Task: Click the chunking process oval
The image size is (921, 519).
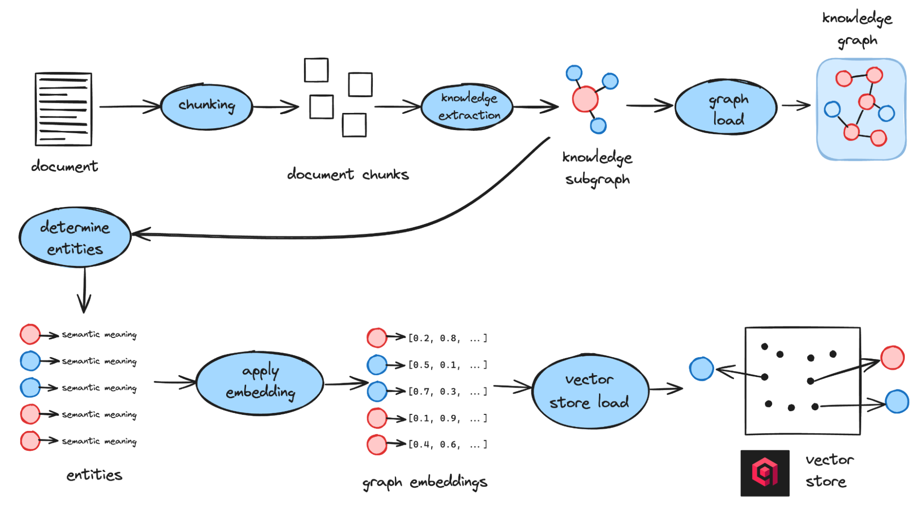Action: coord(206,106)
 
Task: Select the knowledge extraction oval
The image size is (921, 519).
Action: coord(468,106)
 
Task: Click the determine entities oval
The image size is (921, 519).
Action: coord(75,237)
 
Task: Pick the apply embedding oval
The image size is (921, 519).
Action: coord(260,383)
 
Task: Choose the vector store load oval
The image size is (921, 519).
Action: coord(590,391)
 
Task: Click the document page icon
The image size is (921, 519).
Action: coord(64,109)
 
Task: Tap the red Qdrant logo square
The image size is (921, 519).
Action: coord(765,473)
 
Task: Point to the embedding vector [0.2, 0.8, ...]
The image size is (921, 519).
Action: coord(447,338)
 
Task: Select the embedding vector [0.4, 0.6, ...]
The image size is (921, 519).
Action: coord(447,445)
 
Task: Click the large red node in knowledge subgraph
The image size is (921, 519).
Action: coord(585,99)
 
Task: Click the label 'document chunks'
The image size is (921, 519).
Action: coord(348,174)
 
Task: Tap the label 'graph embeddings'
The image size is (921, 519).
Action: coord(424,482)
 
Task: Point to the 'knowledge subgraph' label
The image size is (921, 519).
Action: coord(597,168)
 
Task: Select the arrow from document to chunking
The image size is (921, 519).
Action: coord(129,106)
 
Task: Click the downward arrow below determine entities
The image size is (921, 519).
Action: coord(84,290)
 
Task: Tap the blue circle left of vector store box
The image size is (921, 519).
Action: coord(701,369)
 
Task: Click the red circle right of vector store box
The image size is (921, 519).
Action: coord(892,358)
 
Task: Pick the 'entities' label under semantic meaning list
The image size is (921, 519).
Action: coord(94,475)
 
